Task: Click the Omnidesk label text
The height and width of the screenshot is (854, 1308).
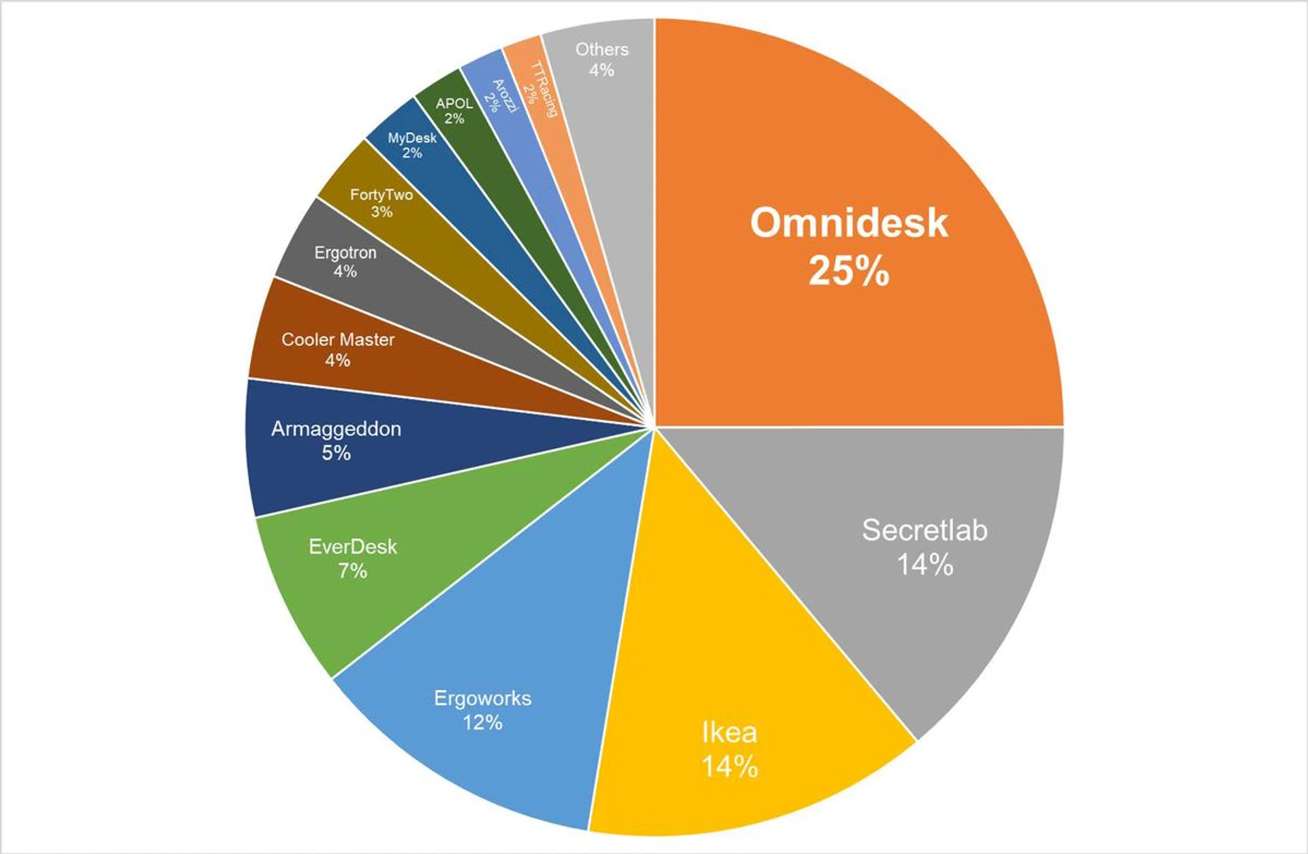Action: (849, 223)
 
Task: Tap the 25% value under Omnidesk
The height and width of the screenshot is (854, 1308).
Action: (849, 270)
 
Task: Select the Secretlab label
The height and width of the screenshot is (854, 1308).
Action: (924, 530)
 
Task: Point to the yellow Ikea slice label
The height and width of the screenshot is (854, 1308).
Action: (729, 733)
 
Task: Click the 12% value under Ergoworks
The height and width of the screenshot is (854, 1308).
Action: (482, 723)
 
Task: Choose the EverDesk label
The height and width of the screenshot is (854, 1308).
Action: (352, 546)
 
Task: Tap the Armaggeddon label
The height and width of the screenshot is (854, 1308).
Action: (336, 429)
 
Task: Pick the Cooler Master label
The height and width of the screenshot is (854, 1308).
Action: (338, 339)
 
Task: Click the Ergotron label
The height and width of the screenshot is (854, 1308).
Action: (345, 253)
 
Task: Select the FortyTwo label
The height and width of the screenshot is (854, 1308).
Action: (381, 195)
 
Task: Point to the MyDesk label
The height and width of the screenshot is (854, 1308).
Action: (412, 138)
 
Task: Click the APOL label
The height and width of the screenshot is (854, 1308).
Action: (454, 104)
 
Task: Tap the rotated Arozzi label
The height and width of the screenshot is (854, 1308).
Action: (505, 96)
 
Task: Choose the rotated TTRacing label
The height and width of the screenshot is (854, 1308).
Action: (544, 89)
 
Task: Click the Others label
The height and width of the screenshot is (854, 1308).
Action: (602, 49)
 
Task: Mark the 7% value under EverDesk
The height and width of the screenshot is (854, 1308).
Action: (352, 571)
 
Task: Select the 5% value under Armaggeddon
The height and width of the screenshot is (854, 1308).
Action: (336, 453)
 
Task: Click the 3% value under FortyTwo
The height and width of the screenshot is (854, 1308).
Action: (381, 212)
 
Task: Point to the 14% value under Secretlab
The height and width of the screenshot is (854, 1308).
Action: (924, 565)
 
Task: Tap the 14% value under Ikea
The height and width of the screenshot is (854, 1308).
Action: (729, 767)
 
